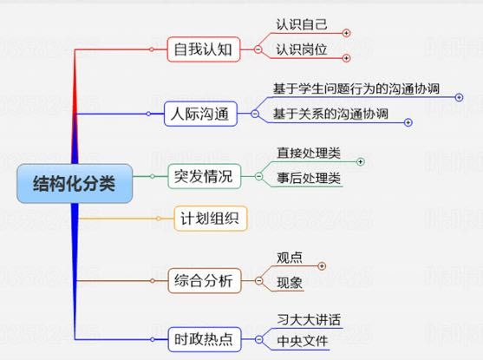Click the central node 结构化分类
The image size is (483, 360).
(75, 184)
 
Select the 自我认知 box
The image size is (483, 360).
(204, 49)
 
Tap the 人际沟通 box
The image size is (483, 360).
(200, 114)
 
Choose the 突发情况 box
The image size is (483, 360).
(205, 176)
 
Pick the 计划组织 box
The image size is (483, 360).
(211, 219)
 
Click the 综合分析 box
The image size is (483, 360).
(205, 281)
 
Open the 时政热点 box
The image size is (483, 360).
(205, 339)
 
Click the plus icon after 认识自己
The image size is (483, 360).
(347, 33)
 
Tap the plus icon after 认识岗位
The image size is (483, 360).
(347, 58)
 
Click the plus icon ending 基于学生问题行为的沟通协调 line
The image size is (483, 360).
(459, 97)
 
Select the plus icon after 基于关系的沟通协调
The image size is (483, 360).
(408, 122)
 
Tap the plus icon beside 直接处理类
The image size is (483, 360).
(361, 161)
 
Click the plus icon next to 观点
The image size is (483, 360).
(322, 265)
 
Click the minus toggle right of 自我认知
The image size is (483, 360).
(258, 49)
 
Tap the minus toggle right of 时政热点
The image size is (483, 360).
(259, 339)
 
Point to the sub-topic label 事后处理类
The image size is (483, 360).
(309, 178)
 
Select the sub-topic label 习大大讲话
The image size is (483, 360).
(309, 319)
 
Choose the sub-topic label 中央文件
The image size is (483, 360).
(303, 341)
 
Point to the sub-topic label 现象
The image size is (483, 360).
(290, 283)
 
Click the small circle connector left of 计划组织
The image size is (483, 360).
(159, 219)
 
